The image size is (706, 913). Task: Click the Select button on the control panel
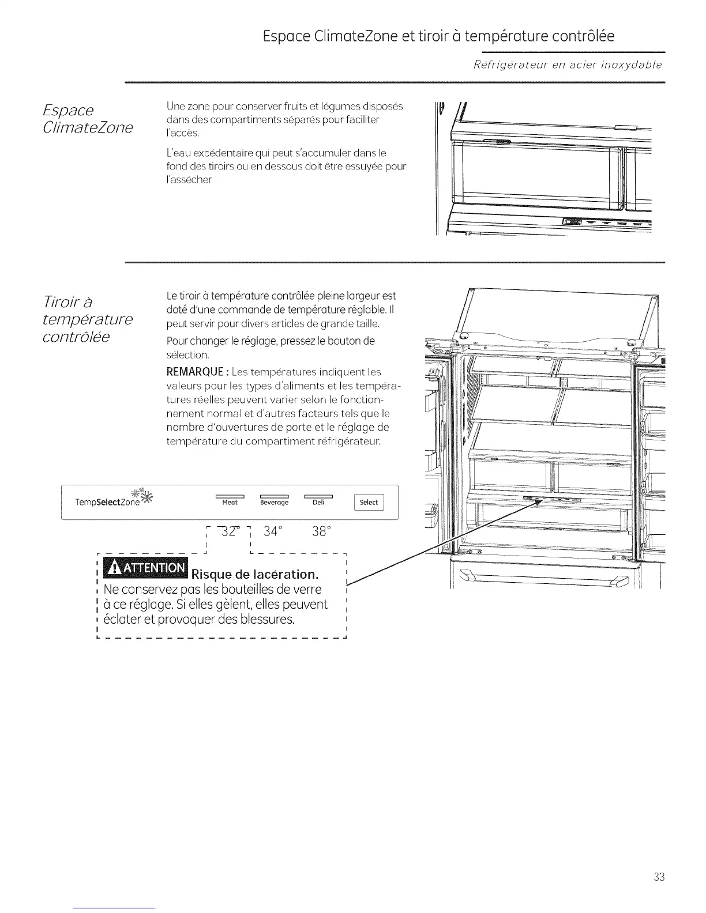(x=369, y=503)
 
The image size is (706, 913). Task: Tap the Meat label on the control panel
(x=230, y=503)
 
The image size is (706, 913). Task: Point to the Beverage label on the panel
(x=274, y=503)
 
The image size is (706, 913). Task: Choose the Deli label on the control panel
(x=318, y=503)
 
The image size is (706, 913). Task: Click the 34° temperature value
(x=273, y=531)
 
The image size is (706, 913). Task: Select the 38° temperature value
(x=321, y=531)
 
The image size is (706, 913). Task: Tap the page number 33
(x=659, y=877)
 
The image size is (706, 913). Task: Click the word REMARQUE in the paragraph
(x=189, y=372)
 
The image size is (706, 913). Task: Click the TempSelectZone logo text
(x=107, y=503)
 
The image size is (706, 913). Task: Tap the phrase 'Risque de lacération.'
(x=254, y=575)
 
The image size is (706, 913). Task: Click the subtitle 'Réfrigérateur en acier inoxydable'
(x=567, y=65)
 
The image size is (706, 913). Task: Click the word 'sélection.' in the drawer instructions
(x=187, y=355)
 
